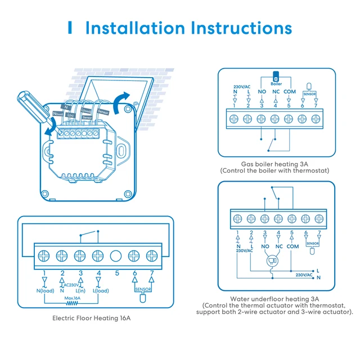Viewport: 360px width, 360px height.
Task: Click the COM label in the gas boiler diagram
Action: [289, 91]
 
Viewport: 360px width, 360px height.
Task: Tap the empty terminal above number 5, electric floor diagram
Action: [115, 255]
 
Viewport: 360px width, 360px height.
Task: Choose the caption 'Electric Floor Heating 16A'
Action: [92, 318]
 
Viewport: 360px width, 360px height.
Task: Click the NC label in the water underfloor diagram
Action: [278, 246]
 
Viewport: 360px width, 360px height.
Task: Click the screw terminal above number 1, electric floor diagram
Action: [44, 255]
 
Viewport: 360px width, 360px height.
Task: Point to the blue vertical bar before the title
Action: [70, 28]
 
